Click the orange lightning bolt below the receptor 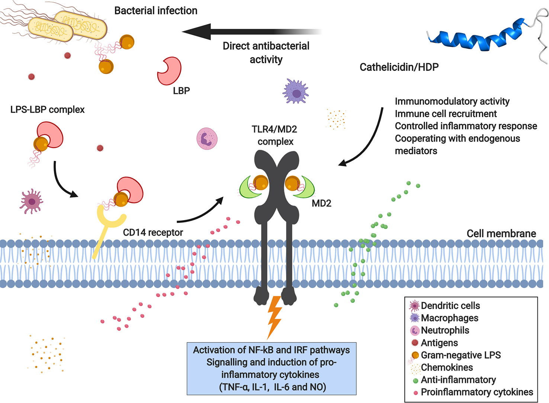click(274, 316)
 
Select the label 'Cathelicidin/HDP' click(399, 67)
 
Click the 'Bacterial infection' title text click(155, 11)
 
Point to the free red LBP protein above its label click(169, 71)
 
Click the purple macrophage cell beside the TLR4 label click(296, 91)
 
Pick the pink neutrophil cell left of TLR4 click(207, 139)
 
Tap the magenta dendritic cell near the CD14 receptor click(32, 201)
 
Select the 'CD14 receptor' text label click(153, 233)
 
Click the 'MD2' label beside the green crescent click(321, 203)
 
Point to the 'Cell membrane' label click(501, 233)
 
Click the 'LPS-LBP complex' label click(48, 110)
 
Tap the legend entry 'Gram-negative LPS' click(460, 355)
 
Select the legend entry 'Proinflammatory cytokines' click(476, 392)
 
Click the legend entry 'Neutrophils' click(445, 330)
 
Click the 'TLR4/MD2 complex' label click(274, 135)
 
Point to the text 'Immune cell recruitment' click(446, 114)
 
